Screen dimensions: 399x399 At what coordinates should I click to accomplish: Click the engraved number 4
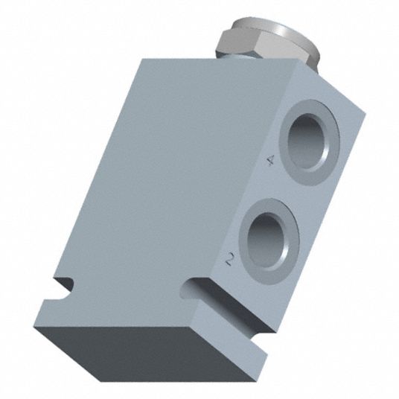271,160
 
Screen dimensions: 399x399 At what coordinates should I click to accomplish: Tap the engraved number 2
230,259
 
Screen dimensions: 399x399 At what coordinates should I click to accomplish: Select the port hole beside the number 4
307,141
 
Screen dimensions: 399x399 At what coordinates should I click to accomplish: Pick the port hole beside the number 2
268,240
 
